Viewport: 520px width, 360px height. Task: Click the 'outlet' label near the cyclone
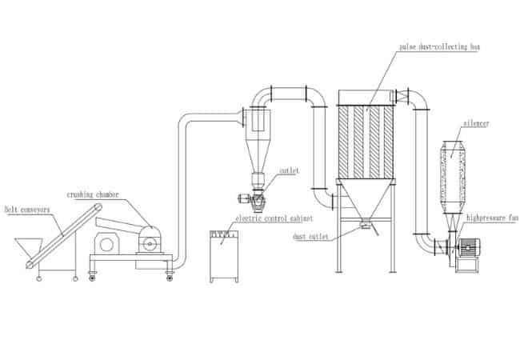[x=289, y=170]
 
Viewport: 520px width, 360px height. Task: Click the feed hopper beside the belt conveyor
[x=29, y=245]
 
